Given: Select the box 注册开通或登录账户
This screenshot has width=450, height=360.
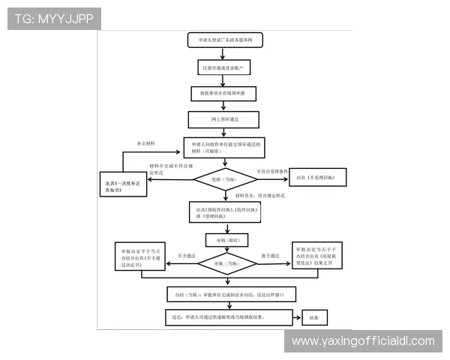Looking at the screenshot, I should pyautogui.click(x=224, y=68).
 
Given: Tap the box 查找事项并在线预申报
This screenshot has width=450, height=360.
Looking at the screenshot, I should pyautogui.click(x=224, y=94).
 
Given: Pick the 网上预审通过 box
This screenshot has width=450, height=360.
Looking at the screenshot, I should pyautogui.click(x=224, y=118).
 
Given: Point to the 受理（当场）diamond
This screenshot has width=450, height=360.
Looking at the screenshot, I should pyautogui.click(x=225, y=179).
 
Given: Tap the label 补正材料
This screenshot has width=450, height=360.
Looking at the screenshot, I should pyautogui.click(x=145, y=142).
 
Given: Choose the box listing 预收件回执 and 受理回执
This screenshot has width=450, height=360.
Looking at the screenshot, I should pyautogui.click(x=225, y=212).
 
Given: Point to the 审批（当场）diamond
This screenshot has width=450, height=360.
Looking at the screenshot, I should pyautogui.click(x=225, y=264).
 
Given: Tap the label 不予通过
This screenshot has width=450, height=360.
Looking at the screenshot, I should pyautogui.click(x=185, y=256).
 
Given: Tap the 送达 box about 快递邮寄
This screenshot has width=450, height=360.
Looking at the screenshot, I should pyautogui.click(x=225, y=318).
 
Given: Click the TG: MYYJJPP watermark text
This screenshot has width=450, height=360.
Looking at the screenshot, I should pyautogui.click(x=54, y=19).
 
